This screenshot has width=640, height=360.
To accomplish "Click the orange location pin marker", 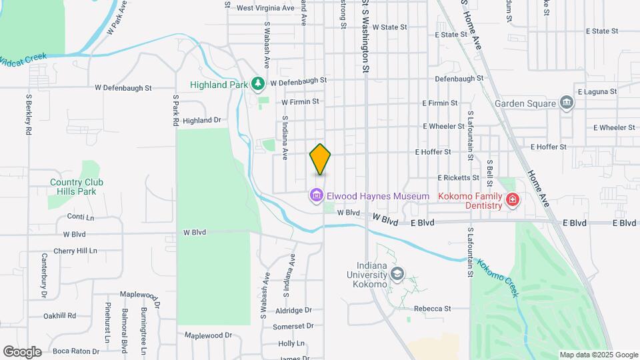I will point(321,159).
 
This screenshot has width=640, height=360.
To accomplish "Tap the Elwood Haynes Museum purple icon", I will point(316,196).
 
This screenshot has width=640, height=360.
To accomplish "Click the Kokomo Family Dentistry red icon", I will point(512,199).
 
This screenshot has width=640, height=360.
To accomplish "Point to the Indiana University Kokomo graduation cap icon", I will point(397,274).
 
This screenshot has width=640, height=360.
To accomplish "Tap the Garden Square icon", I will point(567,103).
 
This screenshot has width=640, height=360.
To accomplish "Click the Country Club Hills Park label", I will point(77,187).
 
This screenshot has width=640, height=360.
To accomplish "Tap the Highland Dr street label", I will point(201,121).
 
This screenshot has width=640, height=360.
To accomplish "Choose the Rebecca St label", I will point(433,309).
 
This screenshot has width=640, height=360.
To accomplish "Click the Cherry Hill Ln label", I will point(76,251).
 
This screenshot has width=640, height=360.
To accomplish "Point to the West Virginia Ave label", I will point(265,9).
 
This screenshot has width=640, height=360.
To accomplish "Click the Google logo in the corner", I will point(22,352).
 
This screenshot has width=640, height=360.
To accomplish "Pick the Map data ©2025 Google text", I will point(598,355).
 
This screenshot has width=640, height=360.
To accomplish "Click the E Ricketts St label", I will point(458,178).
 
